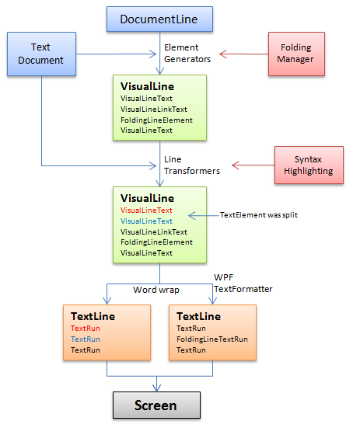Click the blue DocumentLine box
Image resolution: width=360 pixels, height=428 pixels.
[159, 19]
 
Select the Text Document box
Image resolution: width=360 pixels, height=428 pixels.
[40, 54]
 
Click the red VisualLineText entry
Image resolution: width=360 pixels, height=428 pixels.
[147, 210]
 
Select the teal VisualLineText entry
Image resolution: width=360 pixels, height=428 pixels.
[147, 221]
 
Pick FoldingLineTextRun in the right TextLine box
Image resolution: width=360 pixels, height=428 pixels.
[212, 339]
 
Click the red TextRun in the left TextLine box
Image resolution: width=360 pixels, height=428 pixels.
[86, 329]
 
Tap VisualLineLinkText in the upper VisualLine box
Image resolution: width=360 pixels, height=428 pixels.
[154, 110]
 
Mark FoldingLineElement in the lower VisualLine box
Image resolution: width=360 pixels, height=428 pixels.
[156, 242]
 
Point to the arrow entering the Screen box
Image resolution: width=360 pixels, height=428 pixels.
[160, 385]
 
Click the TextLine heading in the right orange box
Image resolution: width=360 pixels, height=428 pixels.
[198, 316]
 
